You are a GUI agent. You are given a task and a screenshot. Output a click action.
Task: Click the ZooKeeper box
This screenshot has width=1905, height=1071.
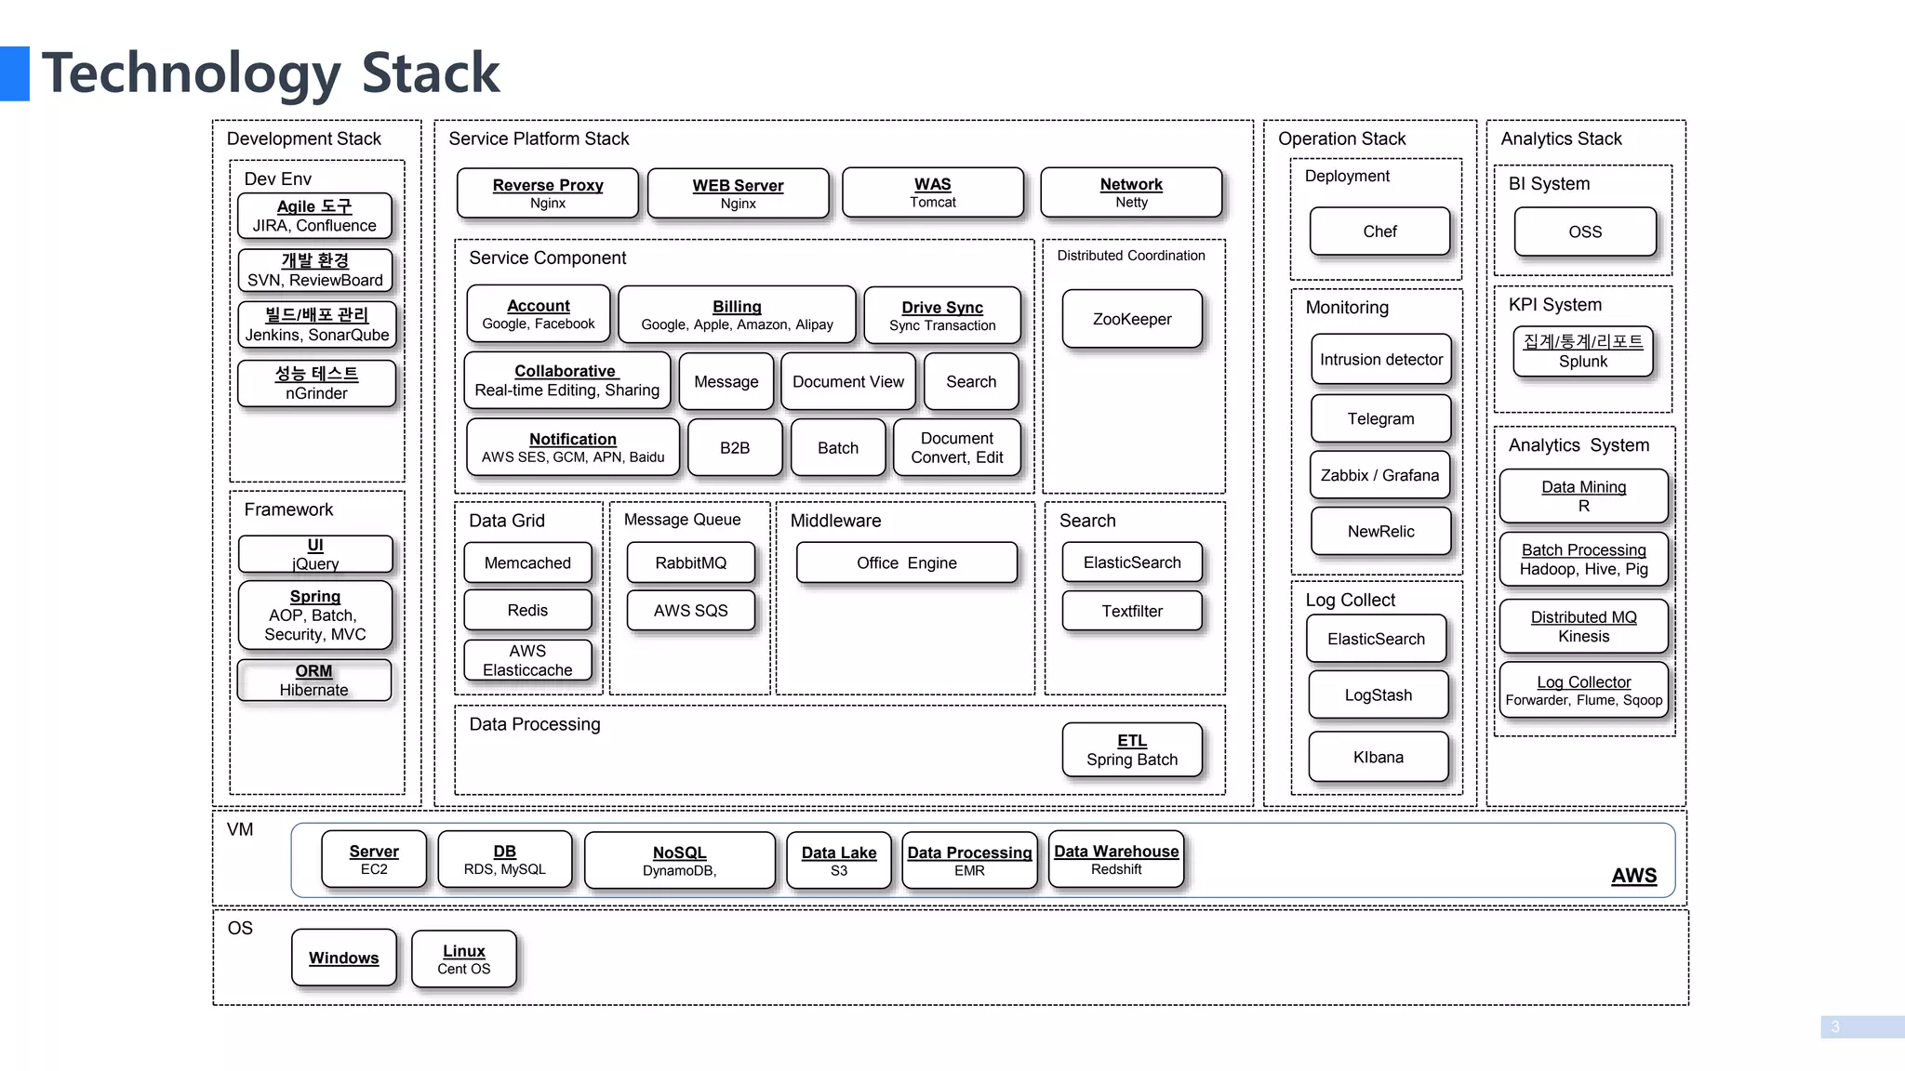[x=1132, y=319]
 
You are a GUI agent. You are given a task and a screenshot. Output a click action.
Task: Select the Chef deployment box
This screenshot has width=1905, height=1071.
[x=1379, y=231]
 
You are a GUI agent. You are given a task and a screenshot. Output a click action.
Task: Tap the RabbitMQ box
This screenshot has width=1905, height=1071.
[x=690, y=562]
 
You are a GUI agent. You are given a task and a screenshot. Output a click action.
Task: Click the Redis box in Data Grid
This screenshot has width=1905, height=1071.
[x=527, y=610]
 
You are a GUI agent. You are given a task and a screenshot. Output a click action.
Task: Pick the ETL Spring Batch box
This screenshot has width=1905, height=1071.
[x=1132, y=750]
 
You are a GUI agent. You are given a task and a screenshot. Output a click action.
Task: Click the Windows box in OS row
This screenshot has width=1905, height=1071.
[x=343, y=958]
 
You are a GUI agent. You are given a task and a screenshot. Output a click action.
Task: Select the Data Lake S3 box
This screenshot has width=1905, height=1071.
[x=838, y=861]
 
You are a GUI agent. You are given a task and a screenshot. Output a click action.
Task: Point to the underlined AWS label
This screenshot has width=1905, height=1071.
[x=1633, y=876]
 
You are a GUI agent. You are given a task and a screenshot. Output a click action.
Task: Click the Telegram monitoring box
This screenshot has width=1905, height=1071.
[x=1380, y=418]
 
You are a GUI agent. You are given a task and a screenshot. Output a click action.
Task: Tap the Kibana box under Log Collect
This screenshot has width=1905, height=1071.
[x=1378, y=757]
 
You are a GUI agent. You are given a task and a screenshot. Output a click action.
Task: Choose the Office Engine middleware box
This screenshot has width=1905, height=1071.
[x=906, y=562]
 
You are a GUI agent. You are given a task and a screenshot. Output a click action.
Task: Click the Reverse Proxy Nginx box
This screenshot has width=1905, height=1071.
[x=548, y=193]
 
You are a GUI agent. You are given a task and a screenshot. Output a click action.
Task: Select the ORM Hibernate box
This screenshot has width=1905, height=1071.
[x=313, y=681]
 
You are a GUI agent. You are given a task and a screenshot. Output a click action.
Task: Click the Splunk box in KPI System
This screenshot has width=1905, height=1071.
[x=1582, y=351]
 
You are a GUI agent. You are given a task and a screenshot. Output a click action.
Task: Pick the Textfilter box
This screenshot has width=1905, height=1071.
[x=1132, y=611]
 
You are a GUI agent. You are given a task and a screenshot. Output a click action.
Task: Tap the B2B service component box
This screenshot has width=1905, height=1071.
[x=734, y=448]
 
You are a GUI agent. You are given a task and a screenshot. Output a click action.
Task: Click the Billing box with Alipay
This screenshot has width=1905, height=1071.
[x=737, y=315]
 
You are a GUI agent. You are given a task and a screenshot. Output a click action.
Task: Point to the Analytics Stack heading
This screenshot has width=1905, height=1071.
[x=1561, y=139]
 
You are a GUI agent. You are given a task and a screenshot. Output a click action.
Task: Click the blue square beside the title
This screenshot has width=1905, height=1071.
[x=14, y=73]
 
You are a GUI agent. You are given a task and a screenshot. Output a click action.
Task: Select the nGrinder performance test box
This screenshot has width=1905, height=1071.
[x=316, y=383]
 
